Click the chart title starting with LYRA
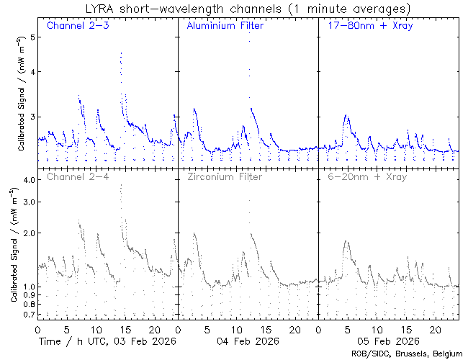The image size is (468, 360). click(246, 9)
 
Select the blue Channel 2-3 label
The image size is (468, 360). click(78, 26)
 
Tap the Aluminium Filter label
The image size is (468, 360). click(225, 26)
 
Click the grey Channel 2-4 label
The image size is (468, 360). click(78, 176)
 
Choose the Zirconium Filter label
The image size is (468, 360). click(224, 176)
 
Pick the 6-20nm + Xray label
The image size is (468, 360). click(366, 176)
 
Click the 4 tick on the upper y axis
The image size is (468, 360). click(32, 71)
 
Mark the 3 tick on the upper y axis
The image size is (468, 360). click(32, 117)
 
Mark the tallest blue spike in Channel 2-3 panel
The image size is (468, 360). click(121, 53)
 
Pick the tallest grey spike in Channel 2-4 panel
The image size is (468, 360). click(121, 185)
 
